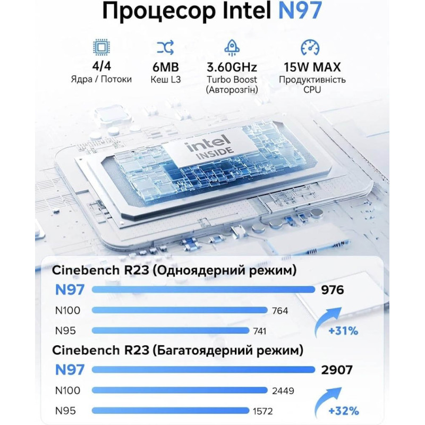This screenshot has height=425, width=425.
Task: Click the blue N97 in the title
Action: pos(300,10)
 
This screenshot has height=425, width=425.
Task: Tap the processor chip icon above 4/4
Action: pos(101,48)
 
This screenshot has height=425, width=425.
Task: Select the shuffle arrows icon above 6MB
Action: pos(165,48)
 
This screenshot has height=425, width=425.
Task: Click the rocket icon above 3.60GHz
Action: pos(232,48)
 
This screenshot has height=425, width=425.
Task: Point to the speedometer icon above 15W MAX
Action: pos(310,48)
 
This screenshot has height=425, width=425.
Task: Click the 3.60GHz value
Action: pos(232,67)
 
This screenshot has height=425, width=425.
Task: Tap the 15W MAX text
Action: pos(312,67)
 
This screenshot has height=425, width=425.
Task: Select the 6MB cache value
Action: pos(166,67)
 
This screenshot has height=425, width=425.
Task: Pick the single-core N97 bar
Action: pos(203,290)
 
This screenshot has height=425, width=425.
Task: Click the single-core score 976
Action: pos(333,290)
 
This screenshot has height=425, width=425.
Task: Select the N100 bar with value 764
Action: pos(180,310)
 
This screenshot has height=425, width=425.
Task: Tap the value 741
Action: pos(259,331)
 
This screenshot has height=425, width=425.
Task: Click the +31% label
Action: pos(343,331)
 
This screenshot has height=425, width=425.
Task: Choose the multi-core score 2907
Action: pos(337,370)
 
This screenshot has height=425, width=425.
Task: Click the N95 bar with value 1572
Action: pos(170,411)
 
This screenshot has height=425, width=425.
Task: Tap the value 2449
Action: pos(283,390)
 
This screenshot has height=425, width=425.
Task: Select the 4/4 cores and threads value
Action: pos(101,66)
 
